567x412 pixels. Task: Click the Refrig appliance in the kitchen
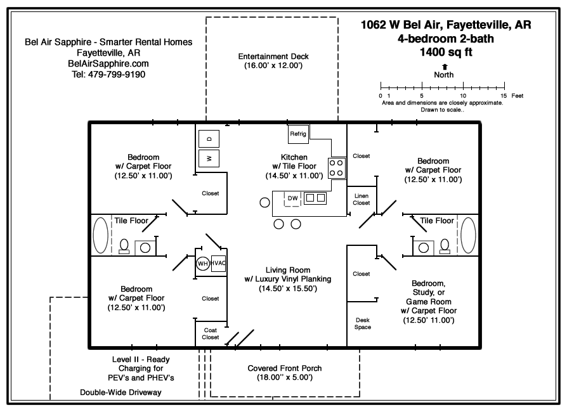tap(298, 134)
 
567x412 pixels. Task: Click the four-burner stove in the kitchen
tap(337, 167)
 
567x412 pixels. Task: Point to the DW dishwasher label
tap(292, 198)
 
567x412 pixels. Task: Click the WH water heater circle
tap(202, 264)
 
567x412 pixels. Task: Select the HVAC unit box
tap(219, 263)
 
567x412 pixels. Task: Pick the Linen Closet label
tap(362, 199)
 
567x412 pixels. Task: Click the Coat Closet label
tap(211, 333)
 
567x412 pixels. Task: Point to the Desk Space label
tap(362, 323)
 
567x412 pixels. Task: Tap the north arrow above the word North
tap(444, 66)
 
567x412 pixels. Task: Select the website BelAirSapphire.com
tap(108, 63)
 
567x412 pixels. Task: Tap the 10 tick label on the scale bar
tap(463, 95)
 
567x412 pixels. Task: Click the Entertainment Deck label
tap(273, 56)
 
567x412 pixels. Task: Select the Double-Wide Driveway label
tap(121, 392)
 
